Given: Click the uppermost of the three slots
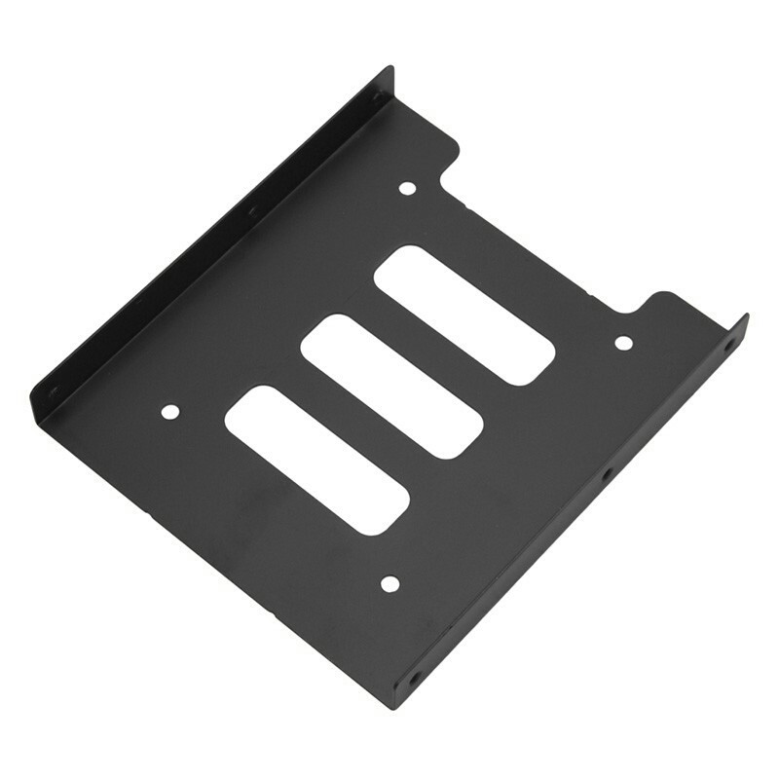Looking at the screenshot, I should click(x=464, y=314).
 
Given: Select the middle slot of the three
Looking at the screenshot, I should click(x=392, y=386).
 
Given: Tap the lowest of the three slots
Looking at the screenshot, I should click(x=316, y=459).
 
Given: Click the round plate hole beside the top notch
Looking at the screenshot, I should click(x=408, y=187).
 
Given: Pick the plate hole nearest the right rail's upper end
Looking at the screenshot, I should click(x=623, y=342).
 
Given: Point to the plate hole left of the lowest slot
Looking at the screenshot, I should click(x=169, y=412).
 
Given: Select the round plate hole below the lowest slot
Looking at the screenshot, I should click(x=389, y=583).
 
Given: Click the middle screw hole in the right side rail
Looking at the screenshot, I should click(x=606, y=475).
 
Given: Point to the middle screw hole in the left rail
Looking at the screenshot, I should click(x=251, y=208).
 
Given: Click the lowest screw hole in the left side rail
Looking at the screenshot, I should click(x=54, y=391).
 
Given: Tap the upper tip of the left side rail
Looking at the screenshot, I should click(x=389, y=70).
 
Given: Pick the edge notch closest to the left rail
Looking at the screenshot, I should click(x=450, y=166).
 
